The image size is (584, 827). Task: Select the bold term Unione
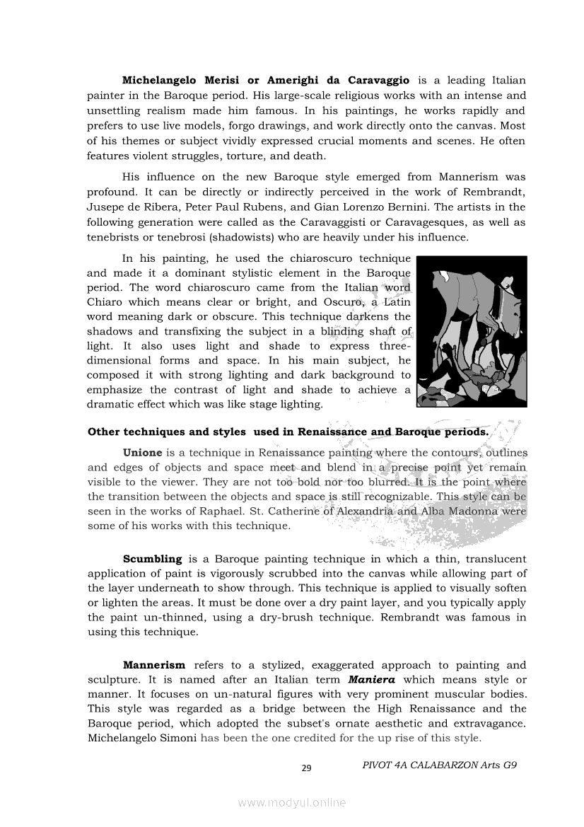[x=142, y=452]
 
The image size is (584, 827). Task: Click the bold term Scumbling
[x=152, y=559]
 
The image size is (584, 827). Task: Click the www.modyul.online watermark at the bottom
[x=292, y=802]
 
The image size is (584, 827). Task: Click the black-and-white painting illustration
[x=472, y=331]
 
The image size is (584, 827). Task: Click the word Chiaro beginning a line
[x=105, y=302]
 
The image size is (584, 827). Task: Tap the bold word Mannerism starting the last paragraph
[x=154, y=665]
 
